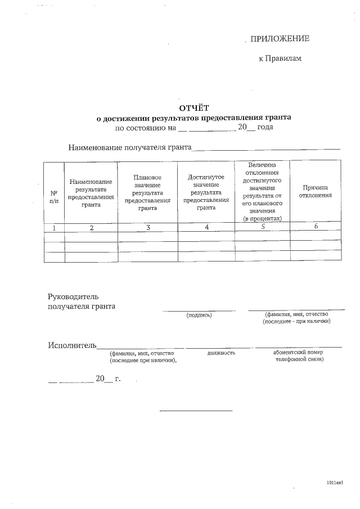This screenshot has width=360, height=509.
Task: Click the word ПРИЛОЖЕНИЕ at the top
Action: (x=280, y=38)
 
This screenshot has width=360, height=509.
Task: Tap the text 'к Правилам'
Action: (x=280, y=58)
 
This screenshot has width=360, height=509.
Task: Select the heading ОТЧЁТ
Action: (x=193, y=108)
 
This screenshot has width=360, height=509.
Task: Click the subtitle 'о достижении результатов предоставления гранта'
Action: (x=193, y=118)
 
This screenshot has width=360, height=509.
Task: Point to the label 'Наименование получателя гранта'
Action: (x=129, y=148)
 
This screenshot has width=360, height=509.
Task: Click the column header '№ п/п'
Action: (x=54, y=196)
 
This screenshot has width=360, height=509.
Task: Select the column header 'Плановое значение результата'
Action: (x=147, y=192)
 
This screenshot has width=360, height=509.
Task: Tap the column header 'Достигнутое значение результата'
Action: (x=206, y=192)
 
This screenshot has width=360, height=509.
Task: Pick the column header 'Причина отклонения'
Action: (x=316, y=191)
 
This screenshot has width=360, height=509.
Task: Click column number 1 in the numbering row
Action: (x=54, y=227)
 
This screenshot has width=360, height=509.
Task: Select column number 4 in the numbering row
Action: (x=206, y=227)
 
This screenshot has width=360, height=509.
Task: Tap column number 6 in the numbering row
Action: (x=316, y=227)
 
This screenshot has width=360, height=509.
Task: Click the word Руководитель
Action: (x=73, y=296)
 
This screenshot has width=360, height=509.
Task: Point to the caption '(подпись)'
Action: (x=199, y=315)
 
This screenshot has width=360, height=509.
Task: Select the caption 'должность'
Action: (x=221, y=353)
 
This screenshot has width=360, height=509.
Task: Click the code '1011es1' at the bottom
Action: (x=334, y=483)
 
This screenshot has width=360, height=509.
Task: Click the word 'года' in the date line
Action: (x=265, y=128)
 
